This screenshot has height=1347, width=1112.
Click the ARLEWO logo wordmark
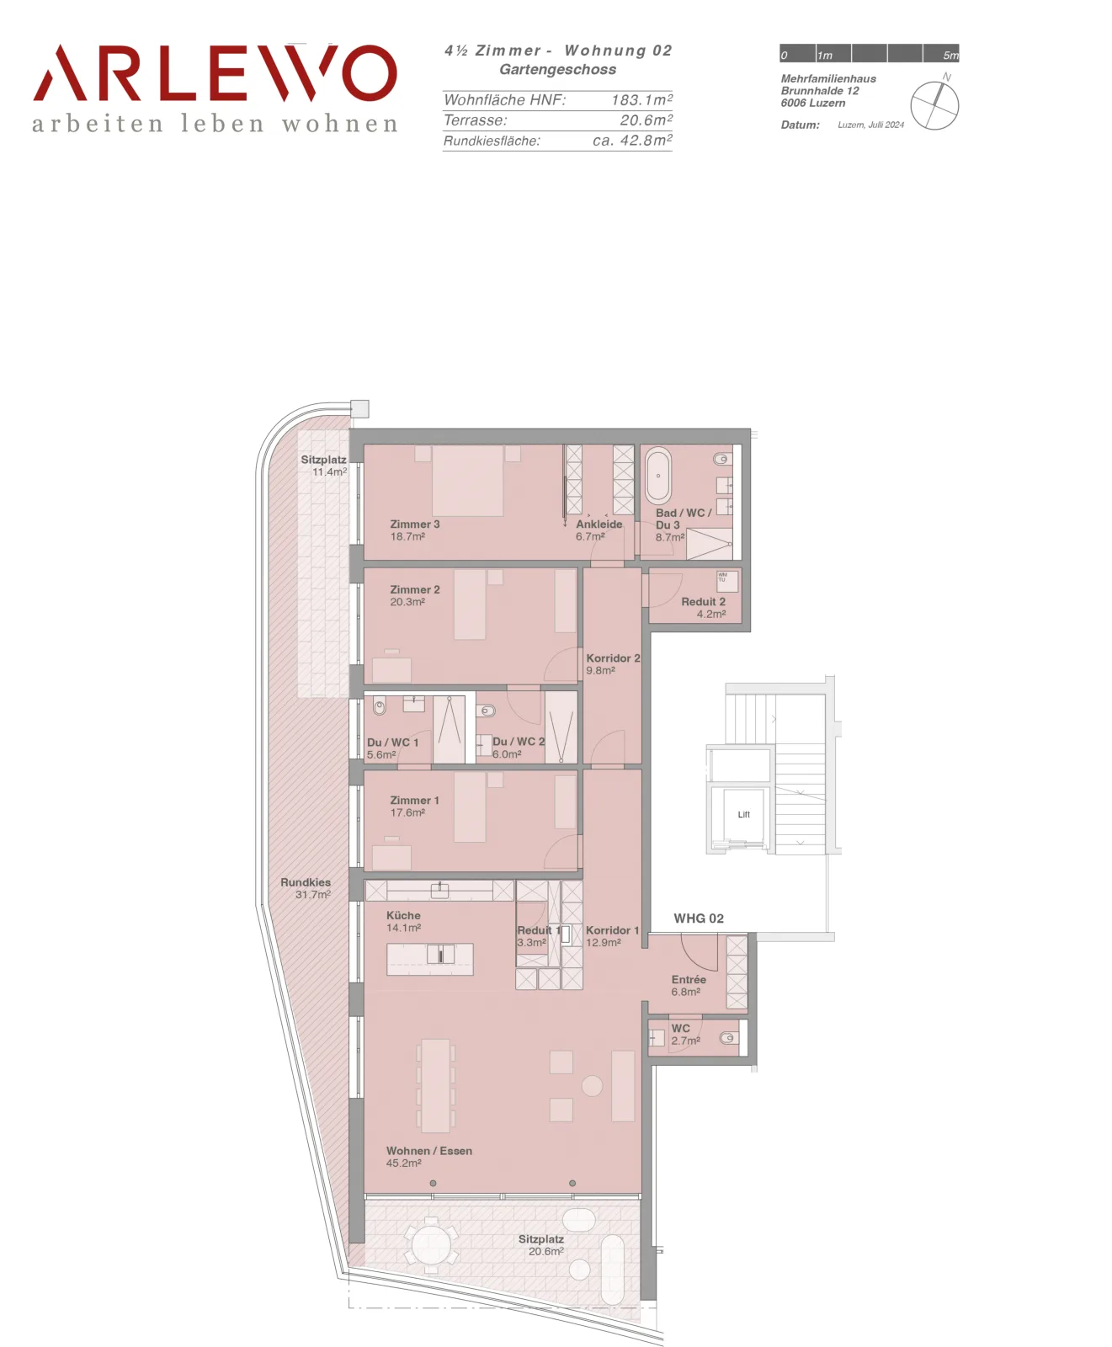(215, 73)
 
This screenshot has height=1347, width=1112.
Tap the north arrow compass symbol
(934, 105)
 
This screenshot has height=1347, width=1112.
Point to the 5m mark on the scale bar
(950, 56)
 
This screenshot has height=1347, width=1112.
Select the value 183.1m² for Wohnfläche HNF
(641, 99)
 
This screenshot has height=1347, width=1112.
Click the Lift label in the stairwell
(743, 814)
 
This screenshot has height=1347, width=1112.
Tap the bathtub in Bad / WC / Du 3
(658, 477)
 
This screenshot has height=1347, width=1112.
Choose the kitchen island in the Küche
(430, 959)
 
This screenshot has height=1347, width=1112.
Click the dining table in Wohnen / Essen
(435, 1085)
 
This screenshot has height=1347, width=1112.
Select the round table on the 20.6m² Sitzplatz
(432, 1244)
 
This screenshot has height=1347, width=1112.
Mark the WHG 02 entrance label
(699, 918)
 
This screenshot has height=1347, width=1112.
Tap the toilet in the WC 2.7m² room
(729, 1038)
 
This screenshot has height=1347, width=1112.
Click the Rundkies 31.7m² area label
(306, 888)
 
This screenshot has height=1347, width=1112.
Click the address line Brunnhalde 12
(820, 91)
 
